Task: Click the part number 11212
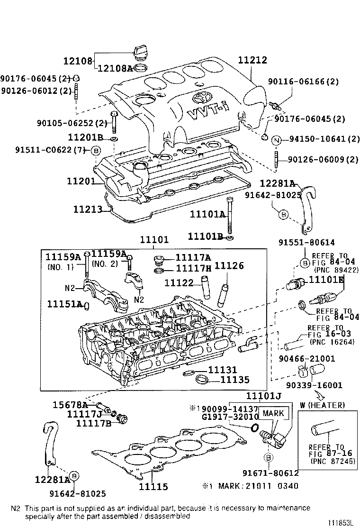pyautogui.click(x=252, y=61)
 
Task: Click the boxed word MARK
pyautogui.click(x=273, y=413)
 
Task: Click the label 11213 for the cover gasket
pyautogui.click(x=88, y=209)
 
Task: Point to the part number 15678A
pyautogui.click(x=70, y=405)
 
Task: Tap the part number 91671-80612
pyautogui.click(x=270, y=473)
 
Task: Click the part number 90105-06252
pyautogui.click(x=65, y=124)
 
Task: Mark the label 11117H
pyautogui.click(x=193, y=269)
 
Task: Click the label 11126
pyautogui.click(x=229, y=266)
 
